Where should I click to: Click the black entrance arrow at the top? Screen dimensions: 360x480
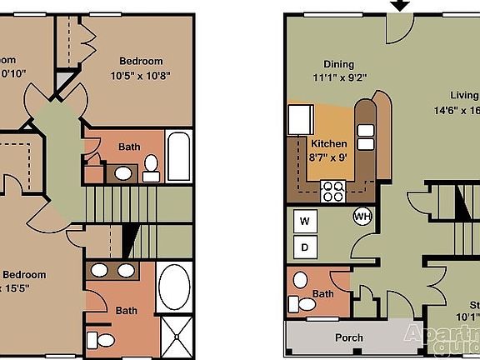click(401, 5)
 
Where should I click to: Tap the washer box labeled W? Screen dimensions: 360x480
click(304, 221)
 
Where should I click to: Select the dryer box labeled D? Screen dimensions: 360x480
click(304, 247)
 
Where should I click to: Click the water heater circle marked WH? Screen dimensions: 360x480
click(362, 216)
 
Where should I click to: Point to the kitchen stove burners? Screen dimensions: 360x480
click(333, 191)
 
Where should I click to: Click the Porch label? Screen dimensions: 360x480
click(348, 337)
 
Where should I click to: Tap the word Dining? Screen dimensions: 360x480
click(338, 64)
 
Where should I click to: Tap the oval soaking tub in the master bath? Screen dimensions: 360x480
click(174, 287)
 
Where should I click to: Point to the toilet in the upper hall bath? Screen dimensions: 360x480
click(151, 169)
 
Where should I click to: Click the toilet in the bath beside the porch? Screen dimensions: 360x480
click(306, 307)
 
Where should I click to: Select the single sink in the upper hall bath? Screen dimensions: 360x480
click(123, 174)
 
